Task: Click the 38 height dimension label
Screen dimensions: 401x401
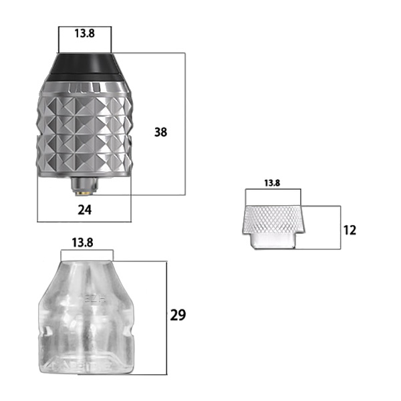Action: [x=160, y=132]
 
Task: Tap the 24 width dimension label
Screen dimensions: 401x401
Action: [x=85, y=210]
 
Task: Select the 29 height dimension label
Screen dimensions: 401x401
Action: [x=178, y=315]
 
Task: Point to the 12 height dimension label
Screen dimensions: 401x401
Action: [x=350, y=230]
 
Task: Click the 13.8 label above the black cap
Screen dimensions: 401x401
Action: [x=85, y=33]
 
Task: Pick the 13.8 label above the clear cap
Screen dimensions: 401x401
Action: [x=82, y=243]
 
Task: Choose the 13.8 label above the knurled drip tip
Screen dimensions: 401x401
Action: [x=272, y=183]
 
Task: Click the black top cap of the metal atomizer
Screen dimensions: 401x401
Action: [x=85, y=66]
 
